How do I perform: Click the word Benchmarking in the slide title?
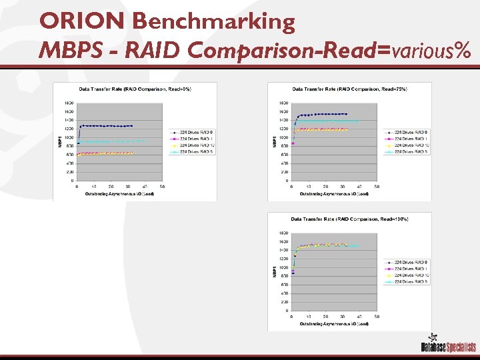coord(213,21)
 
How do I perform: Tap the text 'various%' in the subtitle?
coord(430,49)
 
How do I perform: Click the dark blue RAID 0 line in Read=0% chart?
coord(107,125)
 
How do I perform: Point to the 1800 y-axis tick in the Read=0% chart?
coord(69,103)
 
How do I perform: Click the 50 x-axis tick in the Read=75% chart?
coord(377,187)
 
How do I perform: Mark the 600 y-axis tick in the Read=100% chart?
coord(284,285)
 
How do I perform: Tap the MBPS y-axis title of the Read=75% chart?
coord(274,141)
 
